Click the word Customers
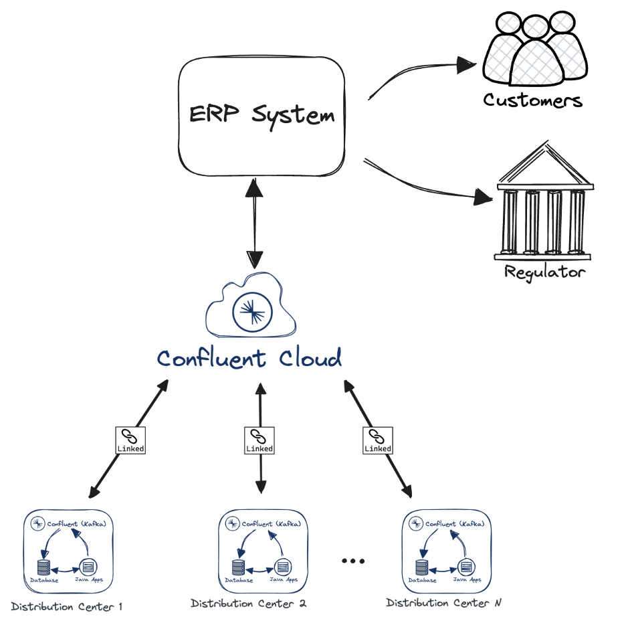point(533,100)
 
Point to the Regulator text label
point(544,272)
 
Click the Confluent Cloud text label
point(249,358)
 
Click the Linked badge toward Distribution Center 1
point(130,440)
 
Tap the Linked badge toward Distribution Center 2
point(259,440)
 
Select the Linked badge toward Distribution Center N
point(377,440)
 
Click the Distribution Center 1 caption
point(67,607)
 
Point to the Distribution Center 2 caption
point(249,604)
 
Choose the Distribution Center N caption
point(444,603)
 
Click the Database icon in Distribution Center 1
point(43,567)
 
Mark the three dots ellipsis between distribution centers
point(352,561)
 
